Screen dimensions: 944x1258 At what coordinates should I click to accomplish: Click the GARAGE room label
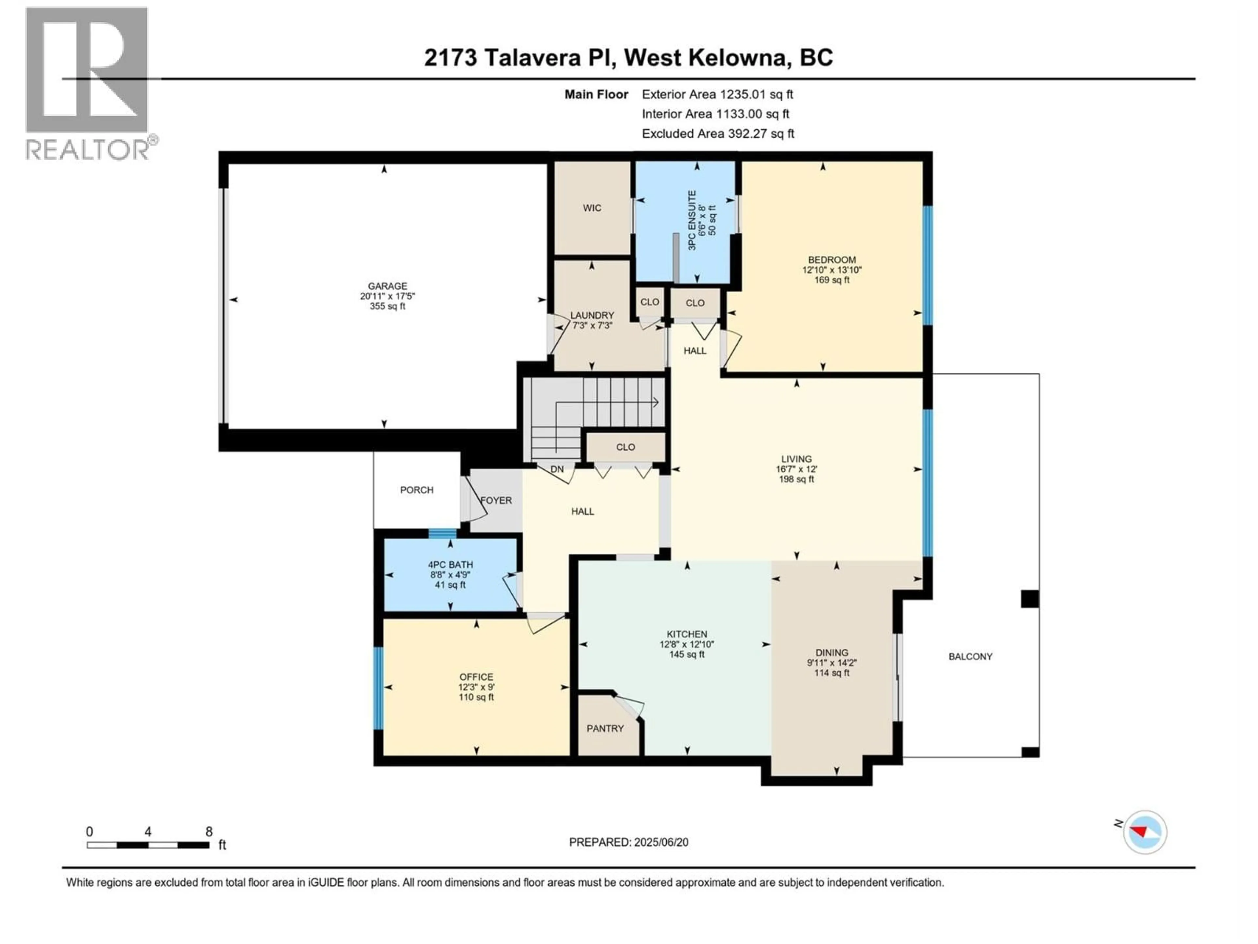(387, 286)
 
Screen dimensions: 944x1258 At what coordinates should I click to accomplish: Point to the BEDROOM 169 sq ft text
(831, 280)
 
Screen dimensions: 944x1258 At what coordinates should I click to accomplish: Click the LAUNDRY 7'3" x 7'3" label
(592, 320)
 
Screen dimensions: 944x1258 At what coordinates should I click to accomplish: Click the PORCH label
(416, 490)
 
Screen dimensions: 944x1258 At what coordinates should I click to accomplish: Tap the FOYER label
(496, 500)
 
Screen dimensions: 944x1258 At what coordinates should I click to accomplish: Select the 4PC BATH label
(450, 564)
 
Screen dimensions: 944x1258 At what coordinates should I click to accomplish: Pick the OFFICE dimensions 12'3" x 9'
(476, 687)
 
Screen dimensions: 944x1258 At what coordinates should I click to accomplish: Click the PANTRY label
(605, 728)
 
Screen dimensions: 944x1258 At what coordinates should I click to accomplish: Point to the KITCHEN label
(687, 634)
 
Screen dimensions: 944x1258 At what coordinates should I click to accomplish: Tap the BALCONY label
(970, 657)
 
